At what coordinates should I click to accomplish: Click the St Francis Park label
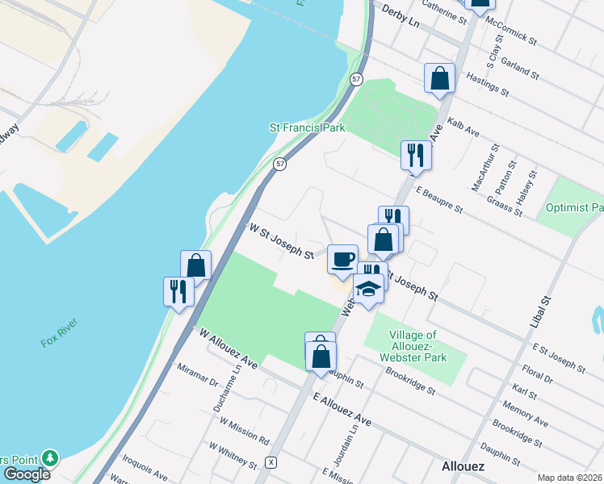pyautogui.click(x=307, y=127)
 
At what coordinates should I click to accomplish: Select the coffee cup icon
pyautogui.click(x=342, y=259)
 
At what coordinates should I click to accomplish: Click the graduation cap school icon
pyautogui.click(x=368, y=289)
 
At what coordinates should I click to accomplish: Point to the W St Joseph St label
pyautogui.click(x=281, y=243)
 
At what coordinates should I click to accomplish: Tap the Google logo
pyautogui.click(x=27, y=474)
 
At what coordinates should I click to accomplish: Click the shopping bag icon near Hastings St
pyautogui.click(x=440, y=79)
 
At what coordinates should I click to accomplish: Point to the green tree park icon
pyautogui.click(x=50, y=458)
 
